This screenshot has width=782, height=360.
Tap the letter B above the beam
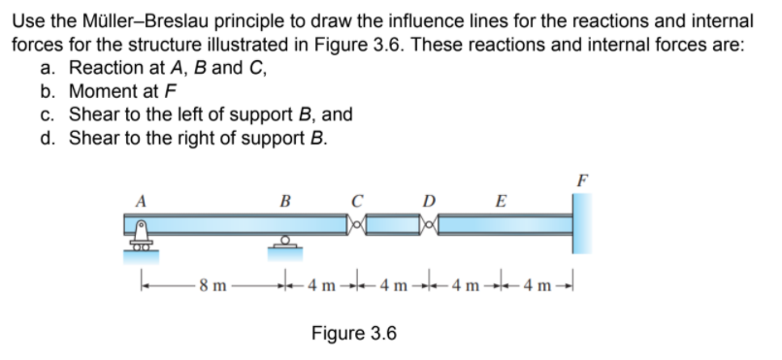coord(284,202)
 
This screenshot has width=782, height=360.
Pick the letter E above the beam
coord(500,202)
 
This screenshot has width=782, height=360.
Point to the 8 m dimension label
coord(213,285)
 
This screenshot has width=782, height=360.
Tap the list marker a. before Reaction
coord(49,68)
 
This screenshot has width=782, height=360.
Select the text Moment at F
coord(122,91)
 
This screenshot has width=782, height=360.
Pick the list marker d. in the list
coord(49,137)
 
